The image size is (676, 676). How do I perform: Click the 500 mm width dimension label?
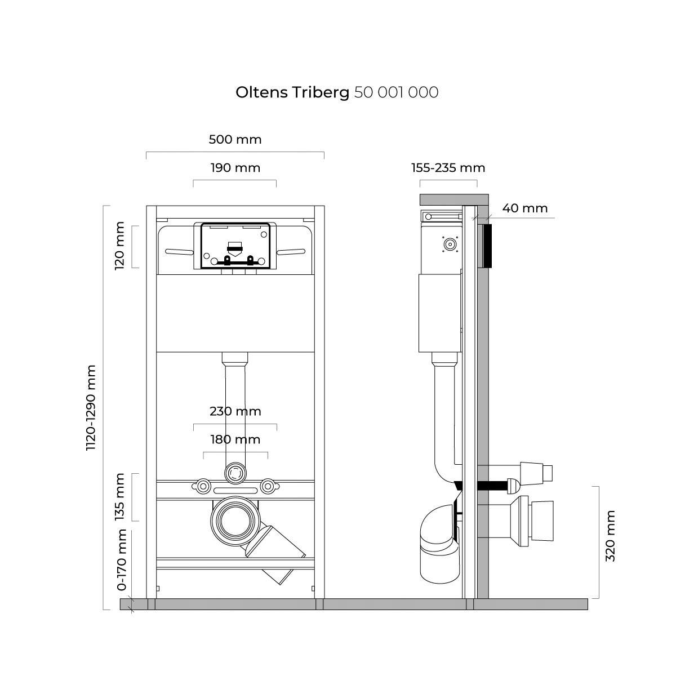click(x=235, y=139)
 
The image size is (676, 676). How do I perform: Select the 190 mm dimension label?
click(x=235, y=167)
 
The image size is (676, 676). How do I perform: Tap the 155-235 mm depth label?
click(x=448, y=167)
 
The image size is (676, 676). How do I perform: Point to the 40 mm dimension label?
click(x=524, y=208)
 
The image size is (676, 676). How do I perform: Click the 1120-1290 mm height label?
click(x=91, y=408)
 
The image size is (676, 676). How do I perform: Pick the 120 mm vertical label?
click(x=119, y=246)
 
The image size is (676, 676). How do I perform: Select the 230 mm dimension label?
click(x=235, y=411)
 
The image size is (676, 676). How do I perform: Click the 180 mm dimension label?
click(x=235, y=439)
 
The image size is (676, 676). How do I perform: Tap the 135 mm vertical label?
click(x=119, y=497)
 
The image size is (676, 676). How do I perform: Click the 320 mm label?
click(x=610, y=536)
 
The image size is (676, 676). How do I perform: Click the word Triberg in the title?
click(x=322, y=92)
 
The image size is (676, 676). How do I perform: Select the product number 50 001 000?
click(x=396, y=92)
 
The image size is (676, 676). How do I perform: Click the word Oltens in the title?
click(x=262, y=92)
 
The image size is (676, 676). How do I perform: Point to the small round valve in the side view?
click(x=450, y=244)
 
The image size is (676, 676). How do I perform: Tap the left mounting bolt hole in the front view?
click(x=203, y=485)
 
